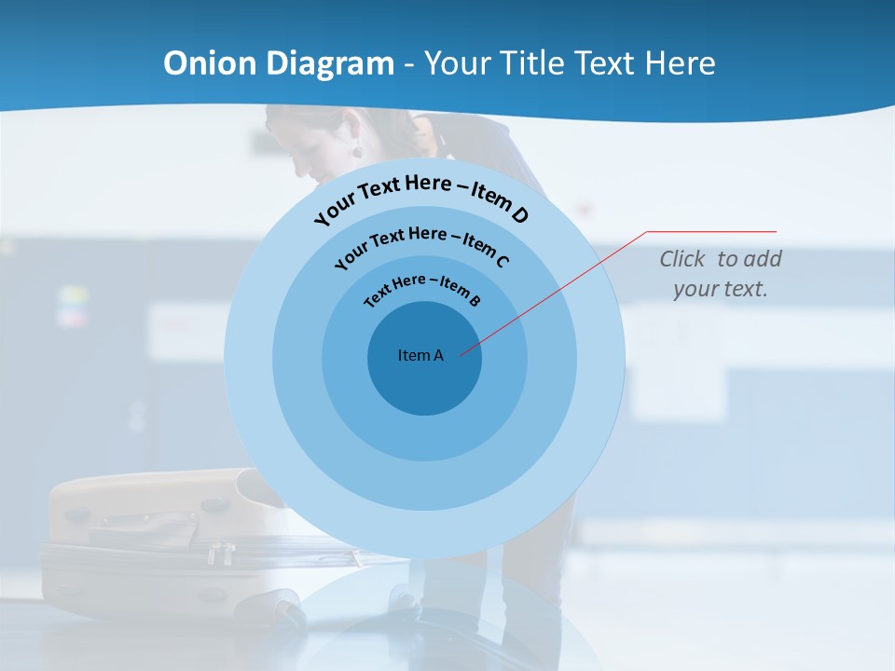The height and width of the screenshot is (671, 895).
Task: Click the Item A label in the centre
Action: (420, 355)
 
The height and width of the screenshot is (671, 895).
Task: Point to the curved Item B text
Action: (422, 288)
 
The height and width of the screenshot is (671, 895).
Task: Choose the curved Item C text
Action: (421, 243)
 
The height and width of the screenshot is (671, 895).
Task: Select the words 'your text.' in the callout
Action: (721, 289)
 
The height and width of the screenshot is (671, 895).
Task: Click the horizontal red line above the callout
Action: (711, 231)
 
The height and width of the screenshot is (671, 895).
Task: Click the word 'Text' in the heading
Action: (604, 63)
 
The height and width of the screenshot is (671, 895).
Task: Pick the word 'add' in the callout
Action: (764, 259)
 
